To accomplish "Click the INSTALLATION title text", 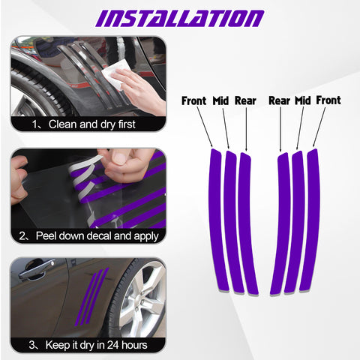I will tap(180, 17).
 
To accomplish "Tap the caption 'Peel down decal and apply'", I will tap(88, 235).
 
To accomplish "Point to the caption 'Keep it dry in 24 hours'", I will tap(88, 346).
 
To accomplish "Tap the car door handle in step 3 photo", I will tap(36, 270).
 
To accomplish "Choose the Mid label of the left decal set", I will tap(220, 100).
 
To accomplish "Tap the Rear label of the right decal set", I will tap(279, 100).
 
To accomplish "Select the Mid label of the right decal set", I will tap(302, 100).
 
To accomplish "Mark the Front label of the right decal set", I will tap(328, 100).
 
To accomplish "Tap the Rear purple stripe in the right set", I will tap(282, 225).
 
